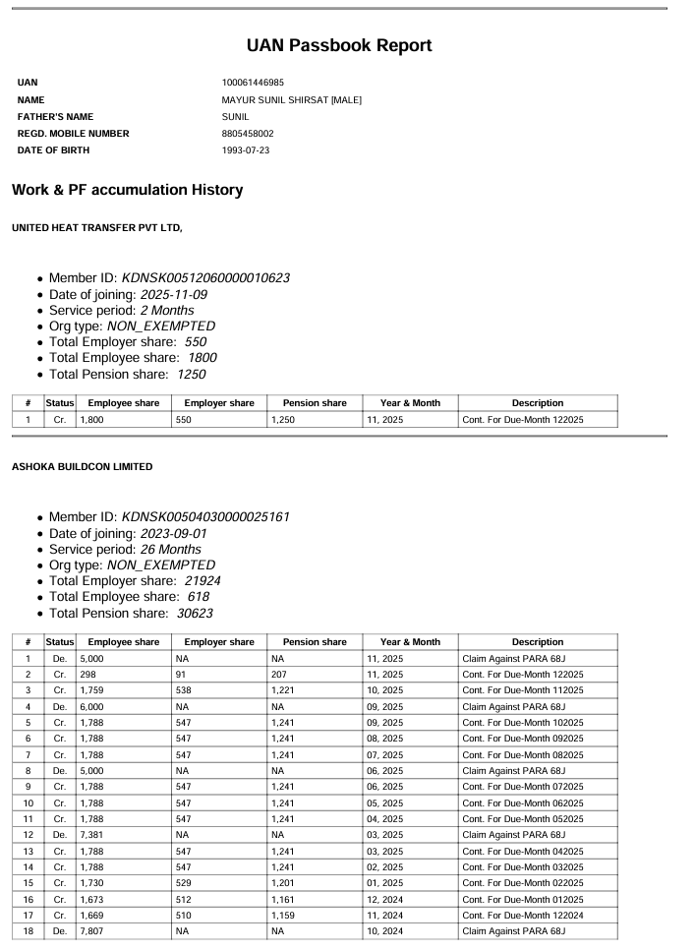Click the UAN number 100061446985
pyautogui.click(x=254, y=83)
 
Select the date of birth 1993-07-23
pyautogui.click(x=246, y=150)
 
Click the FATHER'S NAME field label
pyautogui.click(x=55, y=117)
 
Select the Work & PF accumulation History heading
pyautogui.click(x=127, y=190)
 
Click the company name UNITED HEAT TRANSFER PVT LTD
pyautogui.click(x=96, y=228)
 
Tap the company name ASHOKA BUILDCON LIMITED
pyautogui.click(x=82, y=466)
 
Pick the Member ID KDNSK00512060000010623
pyautogui.click(x=205, y=278)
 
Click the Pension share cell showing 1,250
pyautogui.click(x=285, y=420)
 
